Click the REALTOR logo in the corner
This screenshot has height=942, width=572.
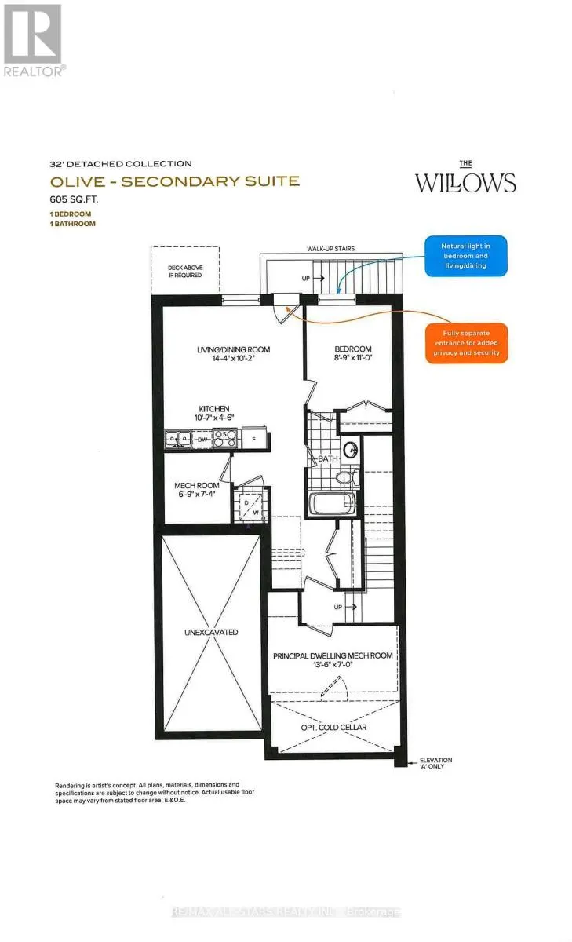(33, 39)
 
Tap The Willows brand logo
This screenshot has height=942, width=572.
(465, 179)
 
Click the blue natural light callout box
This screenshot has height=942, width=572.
(466, 255)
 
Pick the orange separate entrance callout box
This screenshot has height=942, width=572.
(466, 343)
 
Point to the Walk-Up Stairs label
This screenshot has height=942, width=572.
(330, 249)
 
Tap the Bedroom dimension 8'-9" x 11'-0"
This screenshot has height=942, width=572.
(352, 360)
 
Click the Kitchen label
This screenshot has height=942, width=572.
(213, 409)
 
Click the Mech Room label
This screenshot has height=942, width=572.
(195, 486)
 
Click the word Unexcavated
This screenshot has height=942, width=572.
(210, 632)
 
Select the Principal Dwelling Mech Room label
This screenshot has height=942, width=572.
(333, 655)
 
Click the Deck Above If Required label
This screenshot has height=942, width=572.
(184, 271)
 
